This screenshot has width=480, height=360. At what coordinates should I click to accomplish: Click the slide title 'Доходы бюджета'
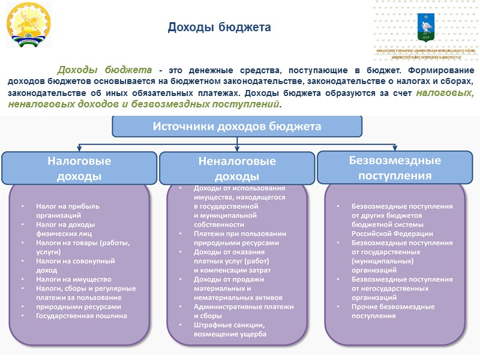coord(219,28)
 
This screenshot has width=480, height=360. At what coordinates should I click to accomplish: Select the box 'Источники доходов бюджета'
coord(237,127)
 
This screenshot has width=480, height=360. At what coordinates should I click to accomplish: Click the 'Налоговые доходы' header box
coord(79,168)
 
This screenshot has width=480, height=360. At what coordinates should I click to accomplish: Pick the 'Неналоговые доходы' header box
coord(236,169)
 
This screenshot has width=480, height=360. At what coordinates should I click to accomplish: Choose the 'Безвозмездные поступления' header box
coord(395,167)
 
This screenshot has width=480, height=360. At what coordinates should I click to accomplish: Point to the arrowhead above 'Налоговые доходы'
coord(79,148)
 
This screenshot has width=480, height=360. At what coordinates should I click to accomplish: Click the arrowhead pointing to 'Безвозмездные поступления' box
coord(394,148)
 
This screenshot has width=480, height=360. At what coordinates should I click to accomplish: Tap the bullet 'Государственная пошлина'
coord(82,316)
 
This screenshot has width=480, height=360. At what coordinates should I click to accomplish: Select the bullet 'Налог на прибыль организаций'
coord(68,210)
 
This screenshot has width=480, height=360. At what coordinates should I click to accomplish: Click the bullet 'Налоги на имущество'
coord(74,279)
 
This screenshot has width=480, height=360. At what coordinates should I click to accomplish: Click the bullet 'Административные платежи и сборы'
coord(243,311)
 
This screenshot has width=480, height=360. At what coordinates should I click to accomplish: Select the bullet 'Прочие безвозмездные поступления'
coord(393,311)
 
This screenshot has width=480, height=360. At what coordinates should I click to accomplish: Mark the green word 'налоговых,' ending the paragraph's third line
coord(445,93)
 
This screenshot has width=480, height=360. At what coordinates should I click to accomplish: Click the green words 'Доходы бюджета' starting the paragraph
coord(104,70)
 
